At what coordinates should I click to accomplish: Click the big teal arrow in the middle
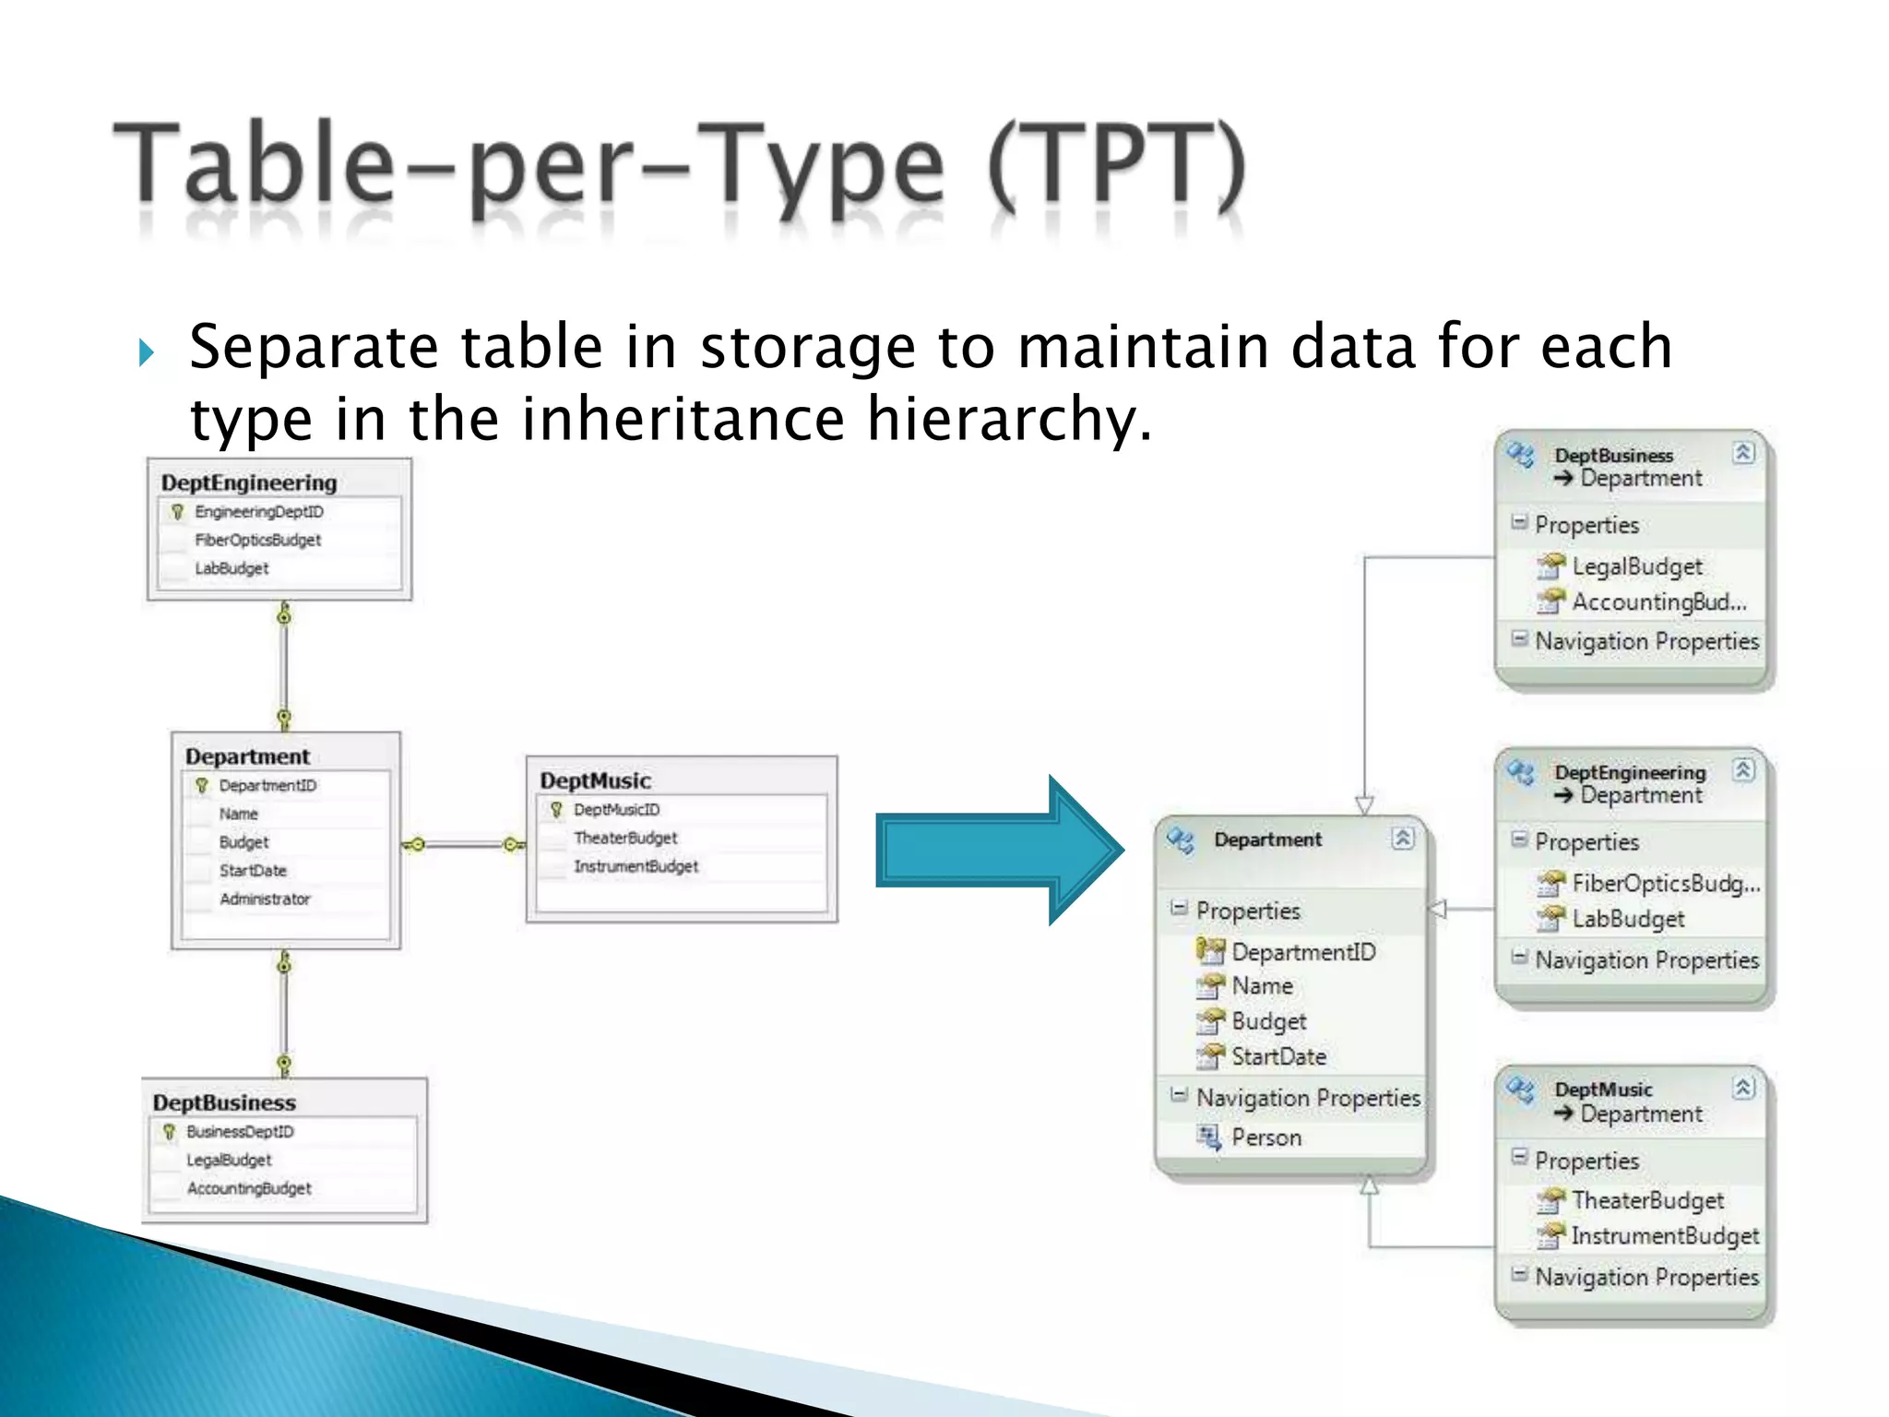pyautogui.click(x=996, y=850)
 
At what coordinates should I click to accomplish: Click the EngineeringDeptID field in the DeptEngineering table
pyautogui.click(x=258, y=512)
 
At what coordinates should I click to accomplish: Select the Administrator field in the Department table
pyautogui.click(x=265, y=899)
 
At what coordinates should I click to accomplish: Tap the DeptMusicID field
pyautogui.click(x=616, y=810)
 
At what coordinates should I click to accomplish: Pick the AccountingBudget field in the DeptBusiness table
pyautogui.click(x=249, y=1188)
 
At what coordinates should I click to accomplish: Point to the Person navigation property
pyautogui.click(x=1265, y=1137)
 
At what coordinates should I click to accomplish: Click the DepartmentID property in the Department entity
pyautogui.click(x=1302, y=951)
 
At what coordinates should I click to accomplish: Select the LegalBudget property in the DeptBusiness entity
pyautogui.click(x=1636, y=566)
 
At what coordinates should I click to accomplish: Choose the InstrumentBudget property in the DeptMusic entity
pyautogui.click(x=1664, y=1235)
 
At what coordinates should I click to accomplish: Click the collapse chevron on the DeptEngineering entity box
pyautogui.click(x=1742, y=769)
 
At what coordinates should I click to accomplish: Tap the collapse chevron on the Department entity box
pyautogui.click(x=1402, y=838)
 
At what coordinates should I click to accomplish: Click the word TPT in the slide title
pyautogui.click(x=1116, y=166)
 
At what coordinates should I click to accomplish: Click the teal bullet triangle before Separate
pyautogui.click(x=146, y=351)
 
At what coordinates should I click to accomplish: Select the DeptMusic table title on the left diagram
pyautogui.click(x=595, y=780)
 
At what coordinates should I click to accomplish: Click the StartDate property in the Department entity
pyautogui.click(x=1278, y=1056)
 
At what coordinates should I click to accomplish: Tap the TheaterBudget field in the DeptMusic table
pyautogui.click(x=624, y=838)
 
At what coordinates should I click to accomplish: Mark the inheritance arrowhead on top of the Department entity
pyautogui.click(x=1364, y=804)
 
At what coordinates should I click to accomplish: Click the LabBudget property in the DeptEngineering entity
pyautogui.click(x=1628, y=919)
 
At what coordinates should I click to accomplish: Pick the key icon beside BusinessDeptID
pyautogui.click(x=169, y=1131)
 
